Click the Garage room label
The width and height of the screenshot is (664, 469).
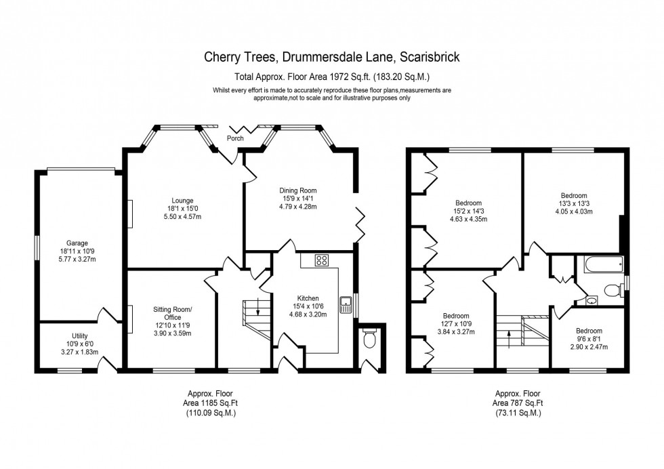click(77, 243)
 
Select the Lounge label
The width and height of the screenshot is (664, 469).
click(182, 200)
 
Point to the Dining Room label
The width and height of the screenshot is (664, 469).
click(298, 190)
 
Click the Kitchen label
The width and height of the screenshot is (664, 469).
click(308, 298)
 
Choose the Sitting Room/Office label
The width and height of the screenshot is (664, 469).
click(173, 313)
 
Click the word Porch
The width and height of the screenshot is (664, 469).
click(235, 138)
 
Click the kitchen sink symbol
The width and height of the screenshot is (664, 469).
click(346, 304)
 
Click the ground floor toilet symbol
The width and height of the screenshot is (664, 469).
click(369, 340)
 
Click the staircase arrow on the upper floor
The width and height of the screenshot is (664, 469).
click(510, 337)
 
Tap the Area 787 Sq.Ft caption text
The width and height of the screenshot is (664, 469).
click(517, 403)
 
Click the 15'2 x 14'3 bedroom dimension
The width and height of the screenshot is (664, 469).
click(468, 211)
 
